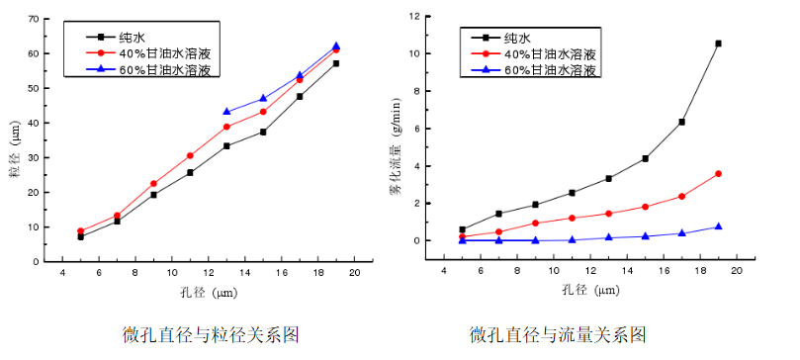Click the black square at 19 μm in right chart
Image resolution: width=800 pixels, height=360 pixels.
pos(718,44)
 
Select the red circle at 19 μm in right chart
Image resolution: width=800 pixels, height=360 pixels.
pos(718,174)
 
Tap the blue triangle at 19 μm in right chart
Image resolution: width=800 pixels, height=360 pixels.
pos(718,226)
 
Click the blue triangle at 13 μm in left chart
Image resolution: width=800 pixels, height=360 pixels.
pos(226,112)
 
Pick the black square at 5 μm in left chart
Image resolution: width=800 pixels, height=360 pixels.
pos(80,236)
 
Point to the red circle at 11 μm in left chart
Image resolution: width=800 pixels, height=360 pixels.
pos(190,155)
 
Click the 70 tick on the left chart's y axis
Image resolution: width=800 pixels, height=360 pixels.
pos(34,19)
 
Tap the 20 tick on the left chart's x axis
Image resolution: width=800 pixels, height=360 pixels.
pos(354,272)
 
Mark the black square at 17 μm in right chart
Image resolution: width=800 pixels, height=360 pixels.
pos(681,122)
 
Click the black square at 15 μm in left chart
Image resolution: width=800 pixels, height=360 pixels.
pos(263,132)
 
